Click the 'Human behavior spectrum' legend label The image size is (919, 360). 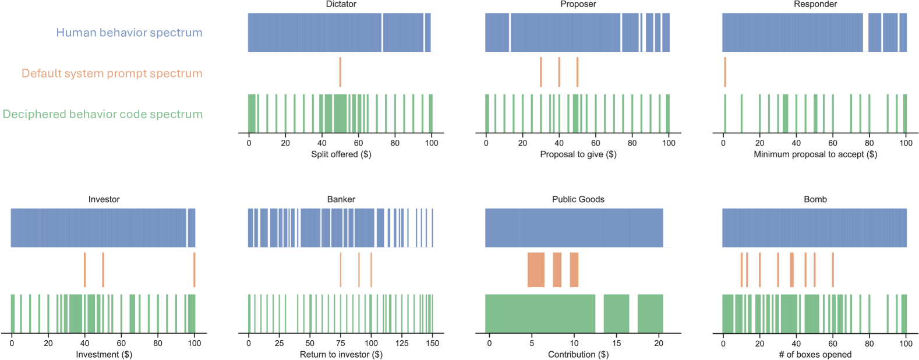(129, 33)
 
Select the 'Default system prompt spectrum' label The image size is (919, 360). (112, 73)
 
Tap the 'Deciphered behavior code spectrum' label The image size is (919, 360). (102, 114)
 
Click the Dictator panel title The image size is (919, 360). (341, 5)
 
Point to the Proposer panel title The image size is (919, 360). (578, 5)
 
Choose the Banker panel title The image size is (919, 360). (341, 199)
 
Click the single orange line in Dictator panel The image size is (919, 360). (340, 72)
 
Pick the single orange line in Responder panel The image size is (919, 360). (725, 72)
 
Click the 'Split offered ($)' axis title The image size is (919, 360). (341, 154)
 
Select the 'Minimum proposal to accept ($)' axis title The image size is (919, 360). (815, 154)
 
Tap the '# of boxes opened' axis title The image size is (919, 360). (815, 355)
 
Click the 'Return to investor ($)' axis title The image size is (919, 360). (341, 355)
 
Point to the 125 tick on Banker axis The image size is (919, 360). (402, 343)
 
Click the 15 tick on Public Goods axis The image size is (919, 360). (617, 343)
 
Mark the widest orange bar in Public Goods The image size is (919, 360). (536, 270)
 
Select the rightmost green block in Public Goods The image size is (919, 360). (650, 313)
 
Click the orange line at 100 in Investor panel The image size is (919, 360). (195, 270)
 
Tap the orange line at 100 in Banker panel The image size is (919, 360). (371, 270)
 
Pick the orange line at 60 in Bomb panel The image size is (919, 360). (833, 270)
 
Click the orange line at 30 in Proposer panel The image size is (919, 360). (541, 72)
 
